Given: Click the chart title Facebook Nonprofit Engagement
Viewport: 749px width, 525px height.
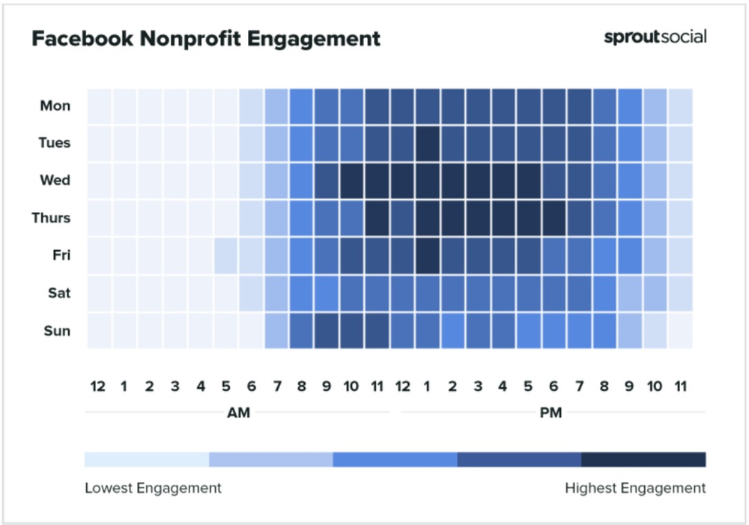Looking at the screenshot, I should [206, 39].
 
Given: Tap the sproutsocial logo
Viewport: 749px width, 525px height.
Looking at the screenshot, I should [655, 37].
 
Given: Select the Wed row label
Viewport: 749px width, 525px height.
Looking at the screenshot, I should [55, 180].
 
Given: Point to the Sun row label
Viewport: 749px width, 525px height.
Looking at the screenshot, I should [56, 331].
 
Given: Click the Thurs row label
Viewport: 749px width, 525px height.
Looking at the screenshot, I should [51, 218].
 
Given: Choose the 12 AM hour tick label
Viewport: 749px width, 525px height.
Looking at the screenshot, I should [98, 386].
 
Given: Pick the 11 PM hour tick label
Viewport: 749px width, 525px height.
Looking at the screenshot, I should [680, 386].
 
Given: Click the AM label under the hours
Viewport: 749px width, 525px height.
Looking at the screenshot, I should [237, 413].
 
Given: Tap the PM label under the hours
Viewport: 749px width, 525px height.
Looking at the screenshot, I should [552, 413].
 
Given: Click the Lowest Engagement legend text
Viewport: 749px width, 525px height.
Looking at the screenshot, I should [153, 488].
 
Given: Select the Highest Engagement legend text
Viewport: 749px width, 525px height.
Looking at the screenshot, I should [635, 488].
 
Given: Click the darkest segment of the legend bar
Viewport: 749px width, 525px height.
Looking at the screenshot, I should [643, 459].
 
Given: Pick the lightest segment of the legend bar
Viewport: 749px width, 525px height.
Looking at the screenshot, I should [147, 459].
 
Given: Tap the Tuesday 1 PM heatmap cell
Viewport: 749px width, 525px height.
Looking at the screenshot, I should [428, 143].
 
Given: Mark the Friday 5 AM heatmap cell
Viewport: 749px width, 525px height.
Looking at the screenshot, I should [225, 255].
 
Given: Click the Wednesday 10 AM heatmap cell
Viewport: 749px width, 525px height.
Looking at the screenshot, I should [352, 180].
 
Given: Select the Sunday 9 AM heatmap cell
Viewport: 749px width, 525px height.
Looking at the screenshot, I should [327, 331].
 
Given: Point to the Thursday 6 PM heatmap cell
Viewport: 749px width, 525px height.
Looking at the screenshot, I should [554, 218].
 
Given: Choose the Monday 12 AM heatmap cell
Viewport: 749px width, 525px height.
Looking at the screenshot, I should [99, 106].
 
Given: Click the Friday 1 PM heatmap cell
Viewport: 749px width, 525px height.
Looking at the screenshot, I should [428, 255].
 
